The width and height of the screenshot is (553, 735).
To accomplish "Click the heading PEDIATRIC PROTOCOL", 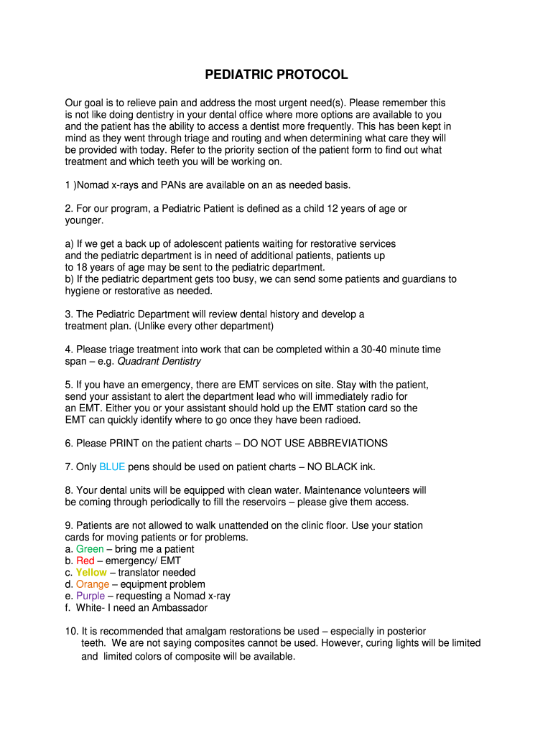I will tap(276, 75).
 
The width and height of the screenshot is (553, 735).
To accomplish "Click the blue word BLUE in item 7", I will tap(112, 467).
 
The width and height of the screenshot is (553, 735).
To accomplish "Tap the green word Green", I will tap(90, 549).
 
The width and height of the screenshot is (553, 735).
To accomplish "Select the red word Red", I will tap(85, 561).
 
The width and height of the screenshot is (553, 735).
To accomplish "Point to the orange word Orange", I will tap(93, 584).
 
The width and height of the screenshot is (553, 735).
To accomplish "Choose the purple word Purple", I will tap(90, 596).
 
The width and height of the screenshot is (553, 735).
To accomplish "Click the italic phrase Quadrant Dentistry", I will tap(169, 361).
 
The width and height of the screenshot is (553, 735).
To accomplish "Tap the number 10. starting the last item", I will tap(72, 631).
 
